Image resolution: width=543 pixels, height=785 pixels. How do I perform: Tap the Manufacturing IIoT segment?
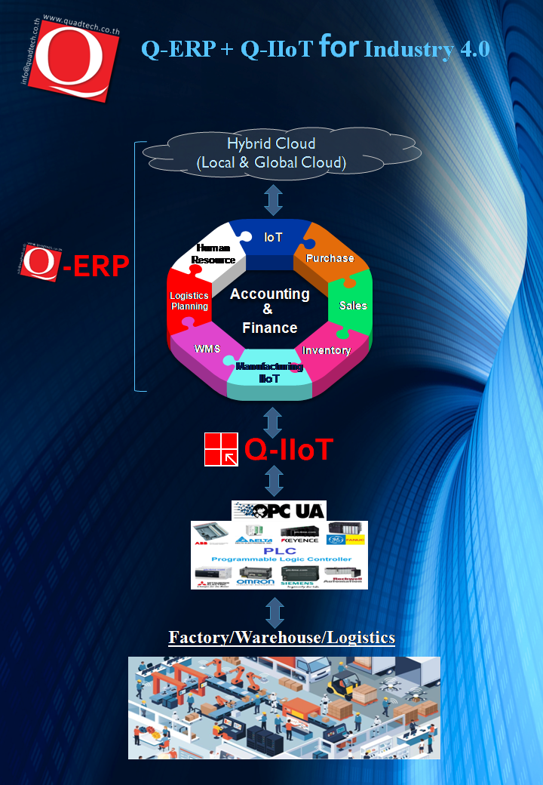tap(270, 372)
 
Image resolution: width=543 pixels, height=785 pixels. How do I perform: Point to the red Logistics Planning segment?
tap(189, 301)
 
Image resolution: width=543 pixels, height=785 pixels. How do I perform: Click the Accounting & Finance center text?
tap(270, 310)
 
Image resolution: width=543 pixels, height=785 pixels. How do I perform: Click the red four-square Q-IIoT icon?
tap(221, 449)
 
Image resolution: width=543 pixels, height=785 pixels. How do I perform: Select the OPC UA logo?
tap(279, 510)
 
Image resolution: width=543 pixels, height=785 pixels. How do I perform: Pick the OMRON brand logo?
tap(255, 581)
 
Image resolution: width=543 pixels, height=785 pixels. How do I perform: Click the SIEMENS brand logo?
tap(299, 581)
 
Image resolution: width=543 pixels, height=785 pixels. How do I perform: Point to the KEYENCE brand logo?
tap(299, 540)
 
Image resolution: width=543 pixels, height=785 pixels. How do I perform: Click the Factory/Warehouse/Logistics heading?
tap(281, 637)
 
